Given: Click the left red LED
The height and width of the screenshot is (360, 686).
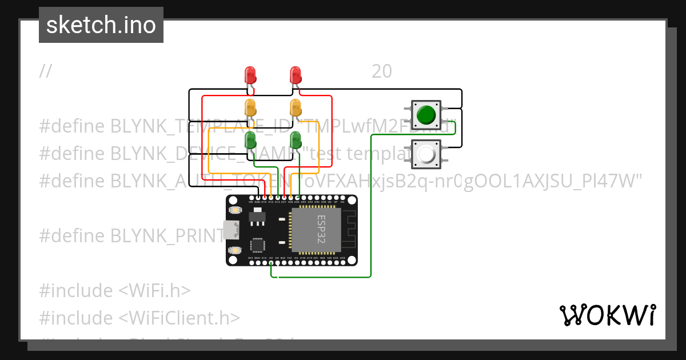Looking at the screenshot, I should click(x=250, y=74).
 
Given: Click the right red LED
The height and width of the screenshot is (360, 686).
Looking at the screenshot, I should click(x=295, y=74).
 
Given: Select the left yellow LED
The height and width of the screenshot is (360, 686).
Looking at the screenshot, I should click(x=250, y=107).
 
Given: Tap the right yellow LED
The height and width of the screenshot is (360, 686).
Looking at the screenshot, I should click(x=295, y=107).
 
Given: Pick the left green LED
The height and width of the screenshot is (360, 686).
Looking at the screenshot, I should click(x=250, y=139).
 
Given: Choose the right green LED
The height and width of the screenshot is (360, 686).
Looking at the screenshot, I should click(x=295, y=139).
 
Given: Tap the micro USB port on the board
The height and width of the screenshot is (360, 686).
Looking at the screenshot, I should click(x=232, y=230).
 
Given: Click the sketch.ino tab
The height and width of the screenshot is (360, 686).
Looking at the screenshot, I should click(x=101, y=25).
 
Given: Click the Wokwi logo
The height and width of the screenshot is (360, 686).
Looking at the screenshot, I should click(x=607, y=315).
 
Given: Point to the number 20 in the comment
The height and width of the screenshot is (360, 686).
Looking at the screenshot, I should click(x=382, y=71).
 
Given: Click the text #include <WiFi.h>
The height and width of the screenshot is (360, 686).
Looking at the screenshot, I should click(x=114, y=290).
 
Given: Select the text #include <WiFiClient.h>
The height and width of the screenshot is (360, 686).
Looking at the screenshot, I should click(x=139, y=318).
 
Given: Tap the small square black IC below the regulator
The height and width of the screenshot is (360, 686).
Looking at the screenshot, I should click(x=257, y=245).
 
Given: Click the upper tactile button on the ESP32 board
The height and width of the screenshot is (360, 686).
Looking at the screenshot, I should click(x=234, y=210).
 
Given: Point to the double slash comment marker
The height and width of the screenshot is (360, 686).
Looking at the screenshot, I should click(x=46, y=71).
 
